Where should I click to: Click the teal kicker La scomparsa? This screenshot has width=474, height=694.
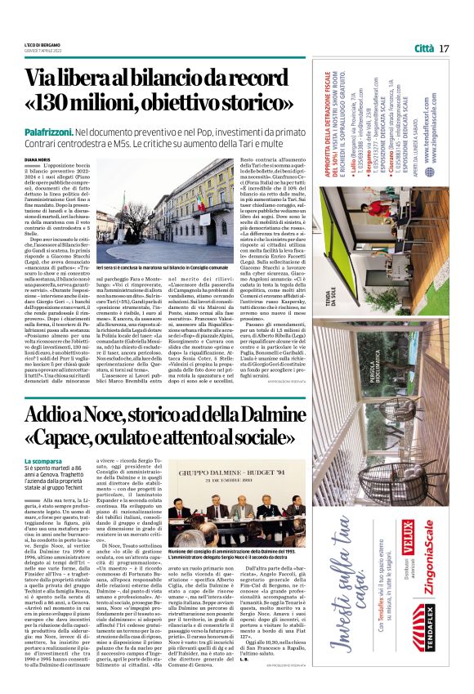tap(42, 462)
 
